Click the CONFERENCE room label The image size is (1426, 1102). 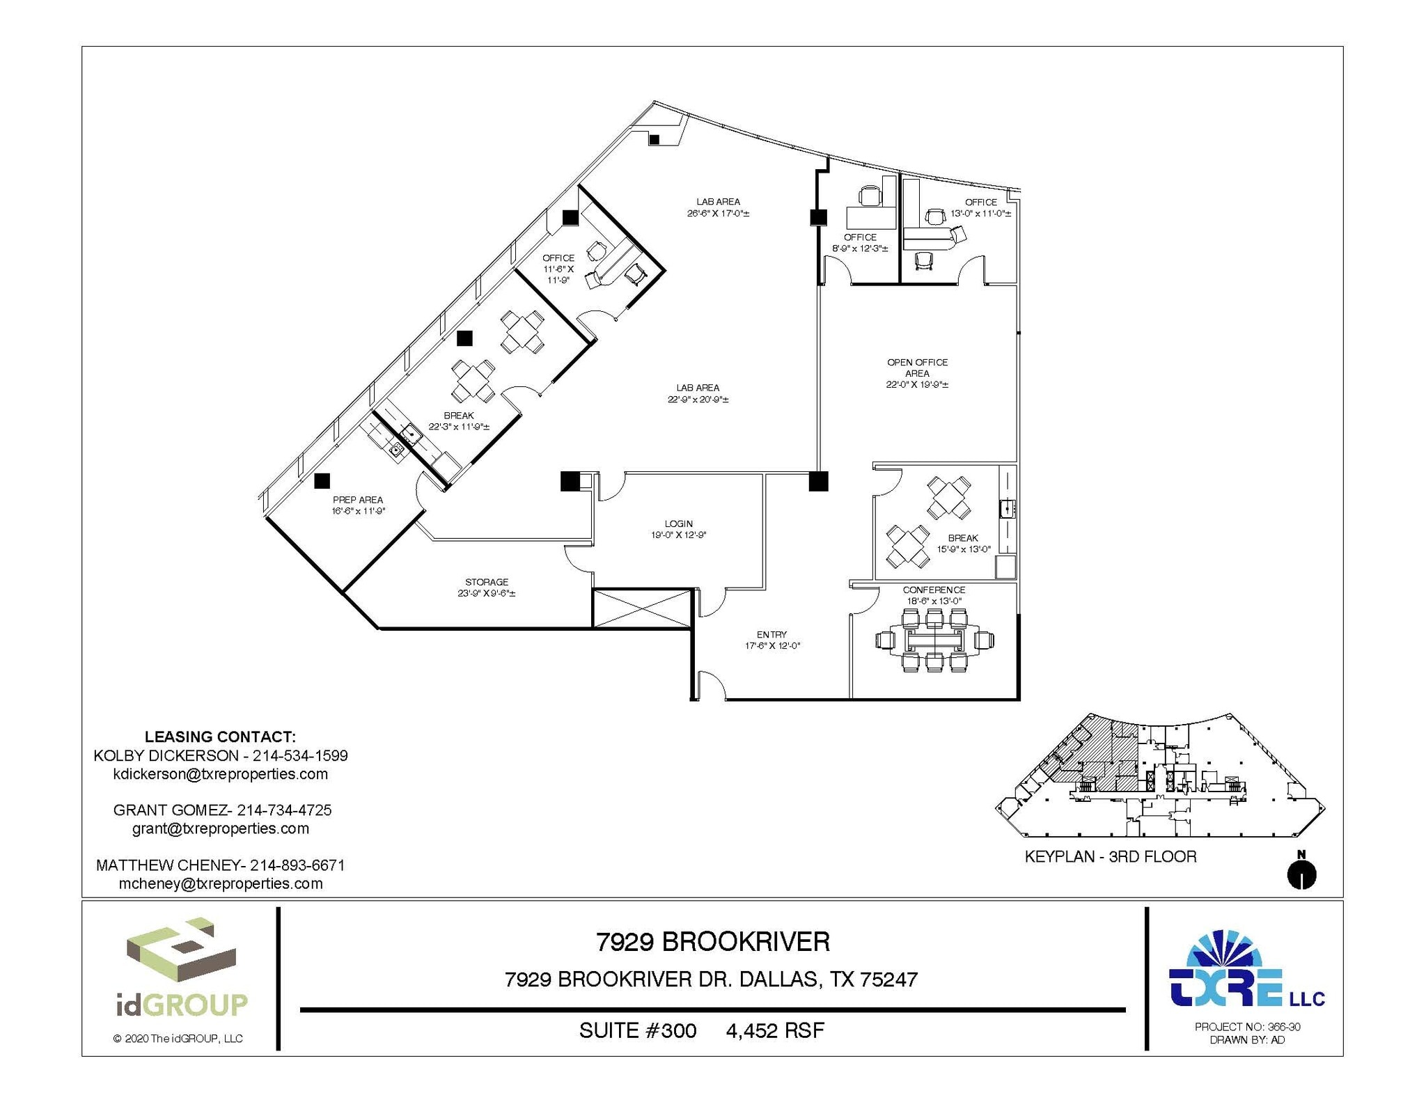pyautogui.click(x=934, y=590)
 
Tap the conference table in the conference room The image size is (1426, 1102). pyautogui.click(x=934, y=640)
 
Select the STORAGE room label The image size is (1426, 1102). pyautogui.click(x=487, y=582)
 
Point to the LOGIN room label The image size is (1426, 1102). pyautogui.click(x=678, y=524)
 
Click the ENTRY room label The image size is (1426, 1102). pyautogui.click(x=771, y=634)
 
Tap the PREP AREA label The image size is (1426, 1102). pyautogui.click(x=358, y=500)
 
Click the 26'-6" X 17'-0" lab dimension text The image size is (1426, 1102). pyautogui.click(x=718, y=214)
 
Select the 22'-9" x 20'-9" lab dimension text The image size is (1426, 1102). pyautogui.click(x=698, y=400)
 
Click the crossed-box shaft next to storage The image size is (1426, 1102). pyautogui.click(x=641, y=608)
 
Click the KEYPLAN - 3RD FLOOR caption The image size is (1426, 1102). pyautogui.click(x=1110, y=857)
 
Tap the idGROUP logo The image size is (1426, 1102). pyautogui.click(x=181, y=968)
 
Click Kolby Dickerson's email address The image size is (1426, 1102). pyautogui.click(x=220, y=774)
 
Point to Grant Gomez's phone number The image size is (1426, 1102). pyautogui.click(x=284, y=810)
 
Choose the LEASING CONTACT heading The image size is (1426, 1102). pyautogui.click(x=220, y=737)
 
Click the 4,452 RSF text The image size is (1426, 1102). pyautogui.click(x=775, y=1030)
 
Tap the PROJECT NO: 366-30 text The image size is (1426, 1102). pyautogui.click(x=1247, y=1026)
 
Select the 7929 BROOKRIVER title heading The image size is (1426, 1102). pyautogui.click(x=712, y=942)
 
